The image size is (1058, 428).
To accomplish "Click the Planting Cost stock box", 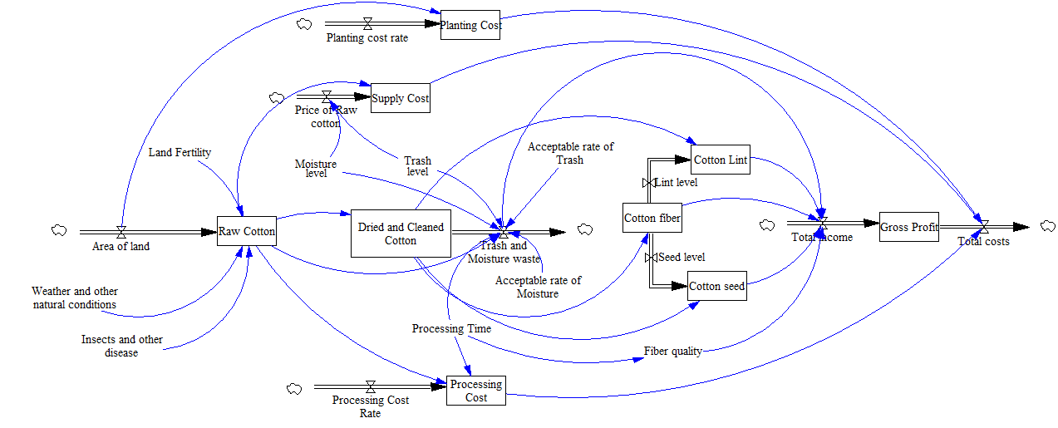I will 470,25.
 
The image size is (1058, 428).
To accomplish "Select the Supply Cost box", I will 400,98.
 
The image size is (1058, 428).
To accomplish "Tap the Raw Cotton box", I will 246,231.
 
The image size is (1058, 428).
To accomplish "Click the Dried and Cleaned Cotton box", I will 401,234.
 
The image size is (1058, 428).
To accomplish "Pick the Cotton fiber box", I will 652,218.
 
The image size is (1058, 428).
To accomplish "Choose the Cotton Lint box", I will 720,159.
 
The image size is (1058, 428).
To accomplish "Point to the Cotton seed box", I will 716,286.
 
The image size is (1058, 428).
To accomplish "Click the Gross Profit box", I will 909,226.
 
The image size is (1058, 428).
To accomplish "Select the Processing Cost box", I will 475,391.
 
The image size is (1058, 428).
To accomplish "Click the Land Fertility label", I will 180,152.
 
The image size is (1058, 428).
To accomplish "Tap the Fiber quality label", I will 672,351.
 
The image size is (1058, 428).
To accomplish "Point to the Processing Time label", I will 451,328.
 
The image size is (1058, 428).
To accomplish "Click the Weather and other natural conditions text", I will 75,298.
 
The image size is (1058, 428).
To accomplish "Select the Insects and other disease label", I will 121,346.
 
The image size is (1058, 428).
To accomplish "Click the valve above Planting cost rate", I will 367,24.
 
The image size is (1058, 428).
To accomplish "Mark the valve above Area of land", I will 121,232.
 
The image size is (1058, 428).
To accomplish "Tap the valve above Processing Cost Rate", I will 370,386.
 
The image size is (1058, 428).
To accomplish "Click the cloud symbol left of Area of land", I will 59,230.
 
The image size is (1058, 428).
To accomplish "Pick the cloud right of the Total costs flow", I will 1046,225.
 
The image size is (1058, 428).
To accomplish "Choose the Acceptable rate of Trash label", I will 570,153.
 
